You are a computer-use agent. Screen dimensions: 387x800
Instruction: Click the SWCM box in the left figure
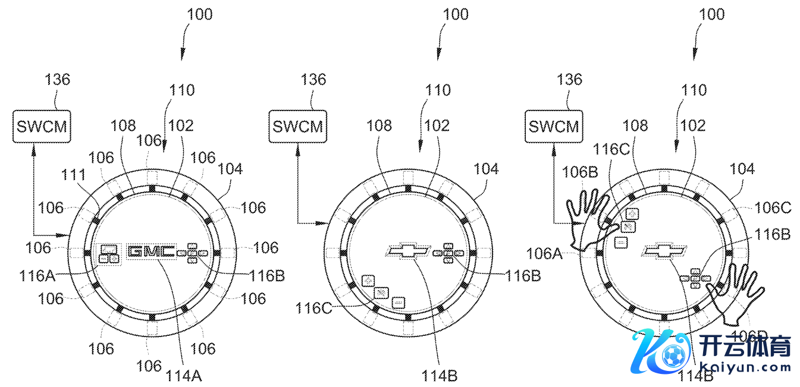42,127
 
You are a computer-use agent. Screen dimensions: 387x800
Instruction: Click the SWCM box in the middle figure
298,127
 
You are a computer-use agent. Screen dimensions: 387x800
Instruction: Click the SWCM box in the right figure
554,127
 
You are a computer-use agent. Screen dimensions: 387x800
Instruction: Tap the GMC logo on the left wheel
152,251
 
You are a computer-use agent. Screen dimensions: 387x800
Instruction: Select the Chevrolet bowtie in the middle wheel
408,251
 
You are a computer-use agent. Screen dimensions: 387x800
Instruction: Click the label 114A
184,375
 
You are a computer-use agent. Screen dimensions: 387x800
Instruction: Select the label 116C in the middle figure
313,308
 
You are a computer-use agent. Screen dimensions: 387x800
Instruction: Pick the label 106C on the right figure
773,208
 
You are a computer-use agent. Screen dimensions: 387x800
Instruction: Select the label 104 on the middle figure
486,169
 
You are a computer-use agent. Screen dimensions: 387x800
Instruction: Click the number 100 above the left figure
199,14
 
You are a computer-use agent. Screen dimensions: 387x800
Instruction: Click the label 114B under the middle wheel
440,375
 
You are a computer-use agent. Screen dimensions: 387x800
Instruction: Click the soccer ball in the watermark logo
672,355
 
